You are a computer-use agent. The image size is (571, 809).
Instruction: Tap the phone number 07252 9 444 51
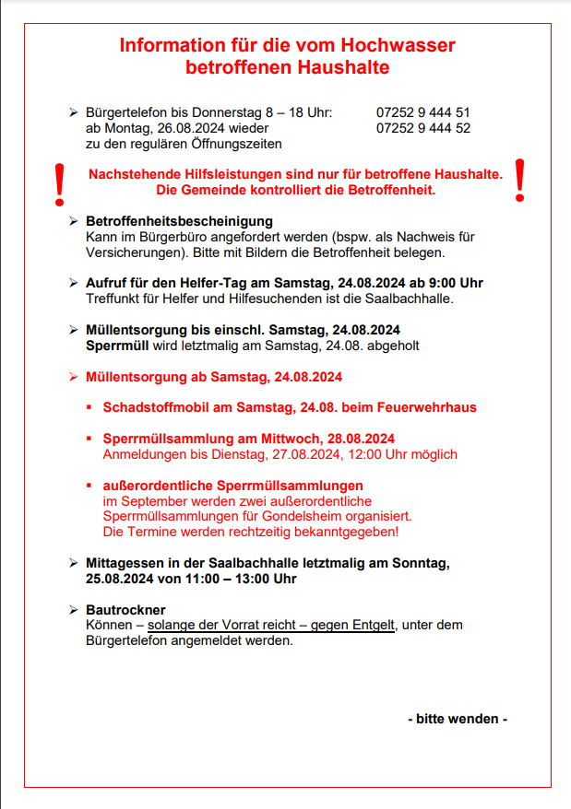423,112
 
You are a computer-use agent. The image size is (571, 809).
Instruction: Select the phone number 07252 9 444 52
423,128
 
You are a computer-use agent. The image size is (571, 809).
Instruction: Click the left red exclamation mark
60,184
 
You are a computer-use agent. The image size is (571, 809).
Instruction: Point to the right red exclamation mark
519,180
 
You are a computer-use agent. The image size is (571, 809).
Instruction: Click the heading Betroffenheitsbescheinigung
179,221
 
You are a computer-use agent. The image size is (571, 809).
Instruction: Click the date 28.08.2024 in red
357,439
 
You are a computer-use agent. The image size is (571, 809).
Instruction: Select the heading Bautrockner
125,610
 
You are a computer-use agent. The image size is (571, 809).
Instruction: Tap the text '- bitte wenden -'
458,719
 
